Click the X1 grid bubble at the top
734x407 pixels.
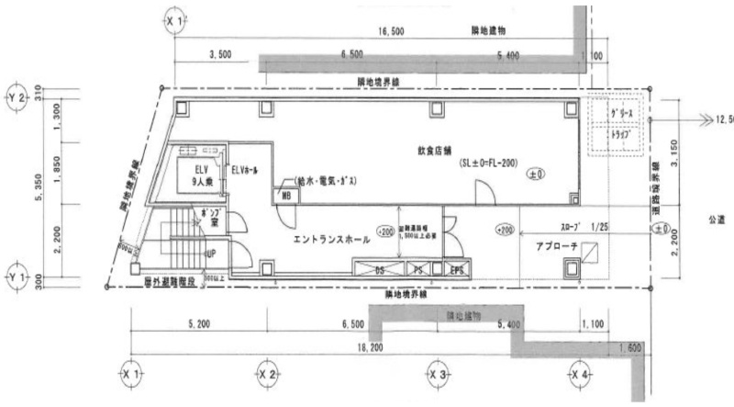click(x=172, y=18)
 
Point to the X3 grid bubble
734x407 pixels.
click(x=438, y=376)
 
